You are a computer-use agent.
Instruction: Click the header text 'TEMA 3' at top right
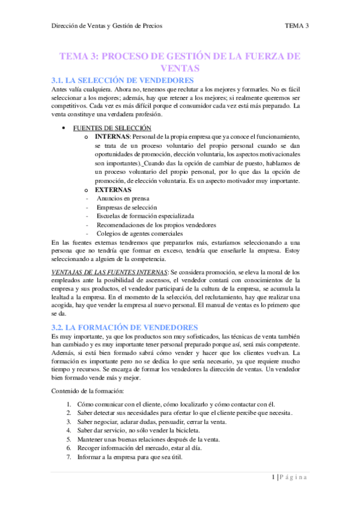pyautogui.click(x=297, y=25)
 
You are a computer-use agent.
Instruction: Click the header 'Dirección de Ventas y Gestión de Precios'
pyautogui.click(x=107, y=25)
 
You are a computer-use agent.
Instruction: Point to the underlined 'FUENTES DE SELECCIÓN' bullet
pyautogui.click(x=112, y=127)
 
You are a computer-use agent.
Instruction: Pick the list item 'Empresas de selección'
pyautogui.click(x=123, y=207)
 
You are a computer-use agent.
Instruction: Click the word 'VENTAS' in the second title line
pyautogui.click(x=179, y=69)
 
